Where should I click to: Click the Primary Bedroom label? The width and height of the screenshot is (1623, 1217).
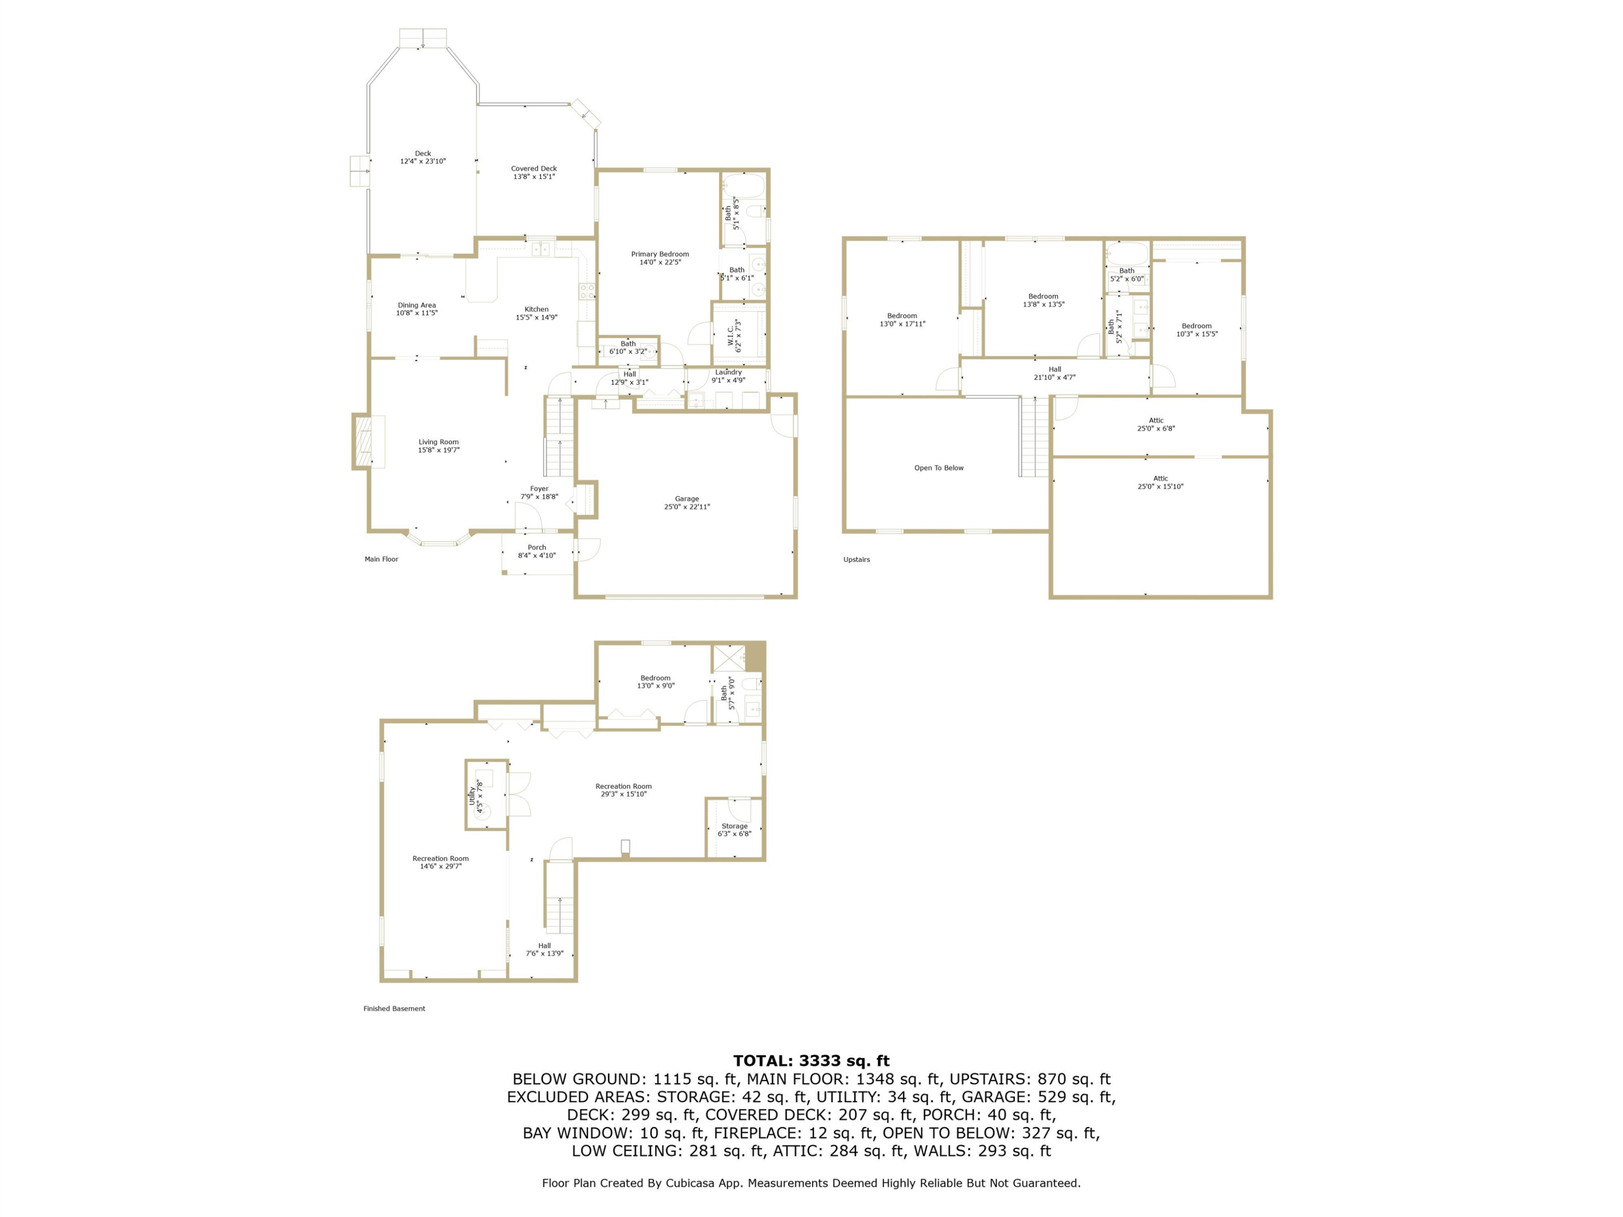tap(659, 258)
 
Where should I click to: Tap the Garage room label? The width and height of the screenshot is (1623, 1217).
tap(687, 502)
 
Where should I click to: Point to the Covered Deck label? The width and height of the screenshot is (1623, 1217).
tap(533, 173)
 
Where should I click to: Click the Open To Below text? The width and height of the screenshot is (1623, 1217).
tap(939, 468)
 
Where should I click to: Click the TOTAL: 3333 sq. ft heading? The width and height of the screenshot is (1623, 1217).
tap(811, 1061)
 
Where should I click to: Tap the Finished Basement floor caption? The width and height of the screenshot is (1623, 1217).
tap(394, 1009)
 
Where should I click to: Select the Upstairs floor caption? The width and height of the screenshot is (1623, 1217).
tap(856, 560)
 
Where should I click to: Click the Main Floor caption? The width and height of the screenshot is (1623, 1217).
tap(381, 559)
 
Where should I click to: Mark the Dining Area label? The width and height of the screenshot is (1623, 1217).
tap(417, 309)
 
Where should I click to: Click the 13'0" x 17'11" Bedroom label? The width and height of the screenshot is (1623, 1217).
tap(902, 320)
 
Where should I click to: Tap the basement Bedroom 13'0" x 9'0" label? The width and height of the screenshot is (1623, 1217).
tap(655, 682)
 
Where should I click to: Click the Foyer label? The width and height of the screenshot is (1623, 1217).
tap(539, 492)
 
